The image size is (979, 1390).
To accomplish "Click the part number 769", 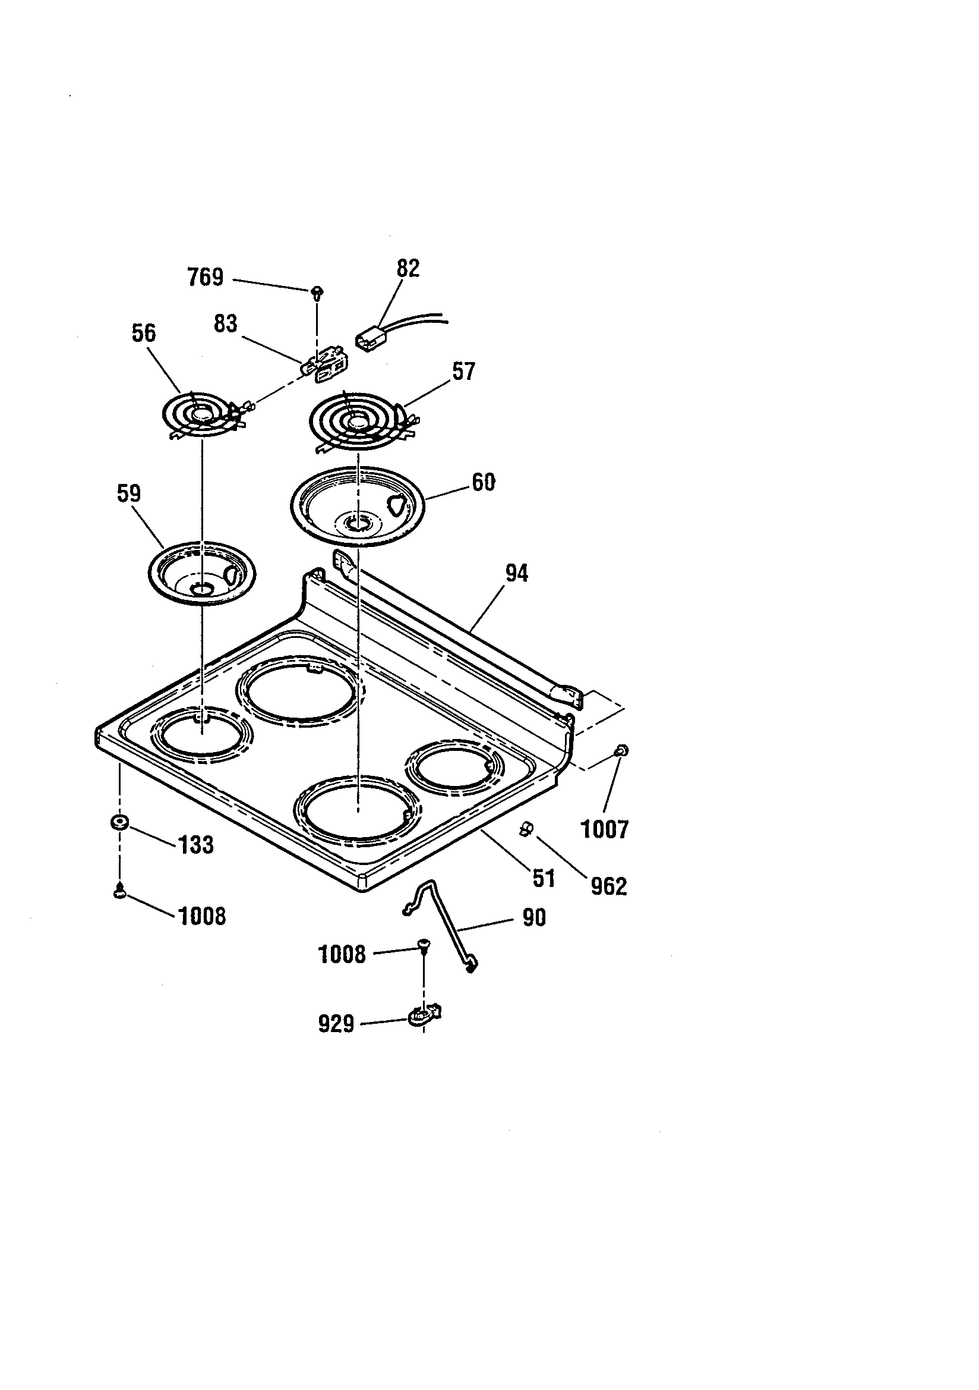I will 205,277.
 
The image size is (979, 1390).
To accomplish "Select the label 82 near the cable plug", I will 408,268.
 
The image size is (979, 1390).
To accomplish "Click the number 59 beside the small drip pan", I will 128,493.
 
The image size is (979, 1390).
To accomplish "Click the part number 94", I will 517,573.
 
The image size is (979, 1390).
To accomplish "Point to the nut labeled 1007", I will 620,751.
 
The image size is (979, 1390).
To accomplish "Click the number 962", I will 608,886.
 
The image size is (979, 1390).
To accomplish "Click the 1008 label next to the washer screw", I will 202,917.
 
